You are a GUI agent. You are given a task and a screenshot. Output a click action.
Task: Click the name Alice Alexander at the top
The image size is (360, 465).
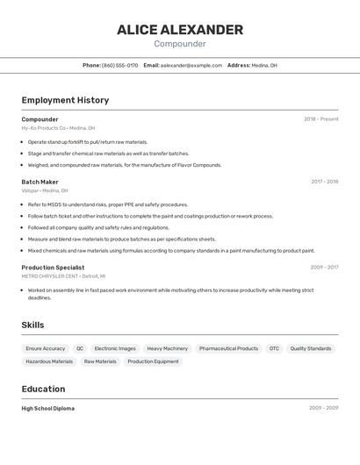pyautogui.click(x=180, y=30)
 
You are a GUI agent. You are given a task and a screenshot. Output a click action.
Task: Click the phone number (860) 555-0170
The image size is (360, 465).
pyautogui.click(x=119, y=65)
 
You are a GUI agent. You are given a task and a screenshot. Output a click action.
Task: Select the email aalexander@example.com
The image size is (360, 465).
pyautogui.click(x=191, y=65)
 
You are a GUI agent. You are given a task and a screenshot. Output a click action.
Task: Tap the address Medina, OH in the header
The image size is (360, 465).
pyautogui.click(x=264, y=65)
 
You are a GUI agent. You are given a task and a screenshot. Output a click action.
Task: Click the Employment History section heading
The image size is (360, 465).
pyautogui.click(x=65, y=100)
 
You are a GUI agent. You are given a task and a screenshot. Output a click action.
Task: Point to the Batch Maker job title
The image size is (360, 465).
pyautogui.click(x=40, y=182)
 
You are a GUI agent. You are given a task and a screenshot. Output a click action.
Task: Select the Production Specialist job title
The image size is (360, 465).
pyautogui.click(x=53, y=268)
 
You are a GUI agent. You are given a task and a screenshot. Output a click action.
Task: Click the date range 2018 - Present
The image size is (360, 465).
pyautogui.click(x=320, y=119)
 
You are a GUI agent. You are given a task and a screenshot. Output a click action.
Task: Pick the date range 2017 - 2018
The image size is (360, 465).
pyautogui.click(x=324, y=182)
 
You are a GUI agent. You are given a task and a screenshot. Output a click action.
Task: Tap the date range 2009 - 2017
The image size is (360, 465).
pyautogui.click(x=324, y=268)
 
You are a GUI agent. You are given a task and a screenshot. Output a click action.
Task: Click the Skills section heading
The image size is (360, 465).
pyautogui.click(x=32, y=325)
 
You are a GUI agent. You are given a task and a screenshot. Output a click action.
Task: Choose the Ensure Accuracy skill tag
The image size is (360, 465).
pyautogui.click(x=46, y=348)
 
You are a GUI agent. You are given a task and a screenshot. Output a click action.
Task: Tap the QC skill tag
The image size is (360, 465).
pyautogui.click(x=80, y=348)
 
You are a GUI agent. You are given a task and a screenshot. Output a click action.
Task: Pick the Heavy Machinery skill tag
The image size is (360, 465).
pyautogui.click(x=167, y=348)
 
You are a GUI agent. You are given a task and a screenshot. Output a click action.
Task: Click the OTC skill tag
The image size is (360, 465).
pyautogui.click(x=274, y=348)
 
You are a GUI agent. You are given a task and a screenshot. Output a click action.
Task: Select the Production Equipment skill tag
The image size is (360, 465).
pyautogui.click(x=153, y=361)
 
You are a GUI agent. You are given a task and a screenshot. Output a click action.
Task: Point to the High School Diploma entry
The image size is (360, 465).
pyautogui.click(x=47, y=408)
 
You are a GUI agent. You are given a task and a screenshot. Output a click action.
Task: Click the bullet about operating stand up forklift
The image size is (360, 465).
pyautogui.click(x=88, y=142)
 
